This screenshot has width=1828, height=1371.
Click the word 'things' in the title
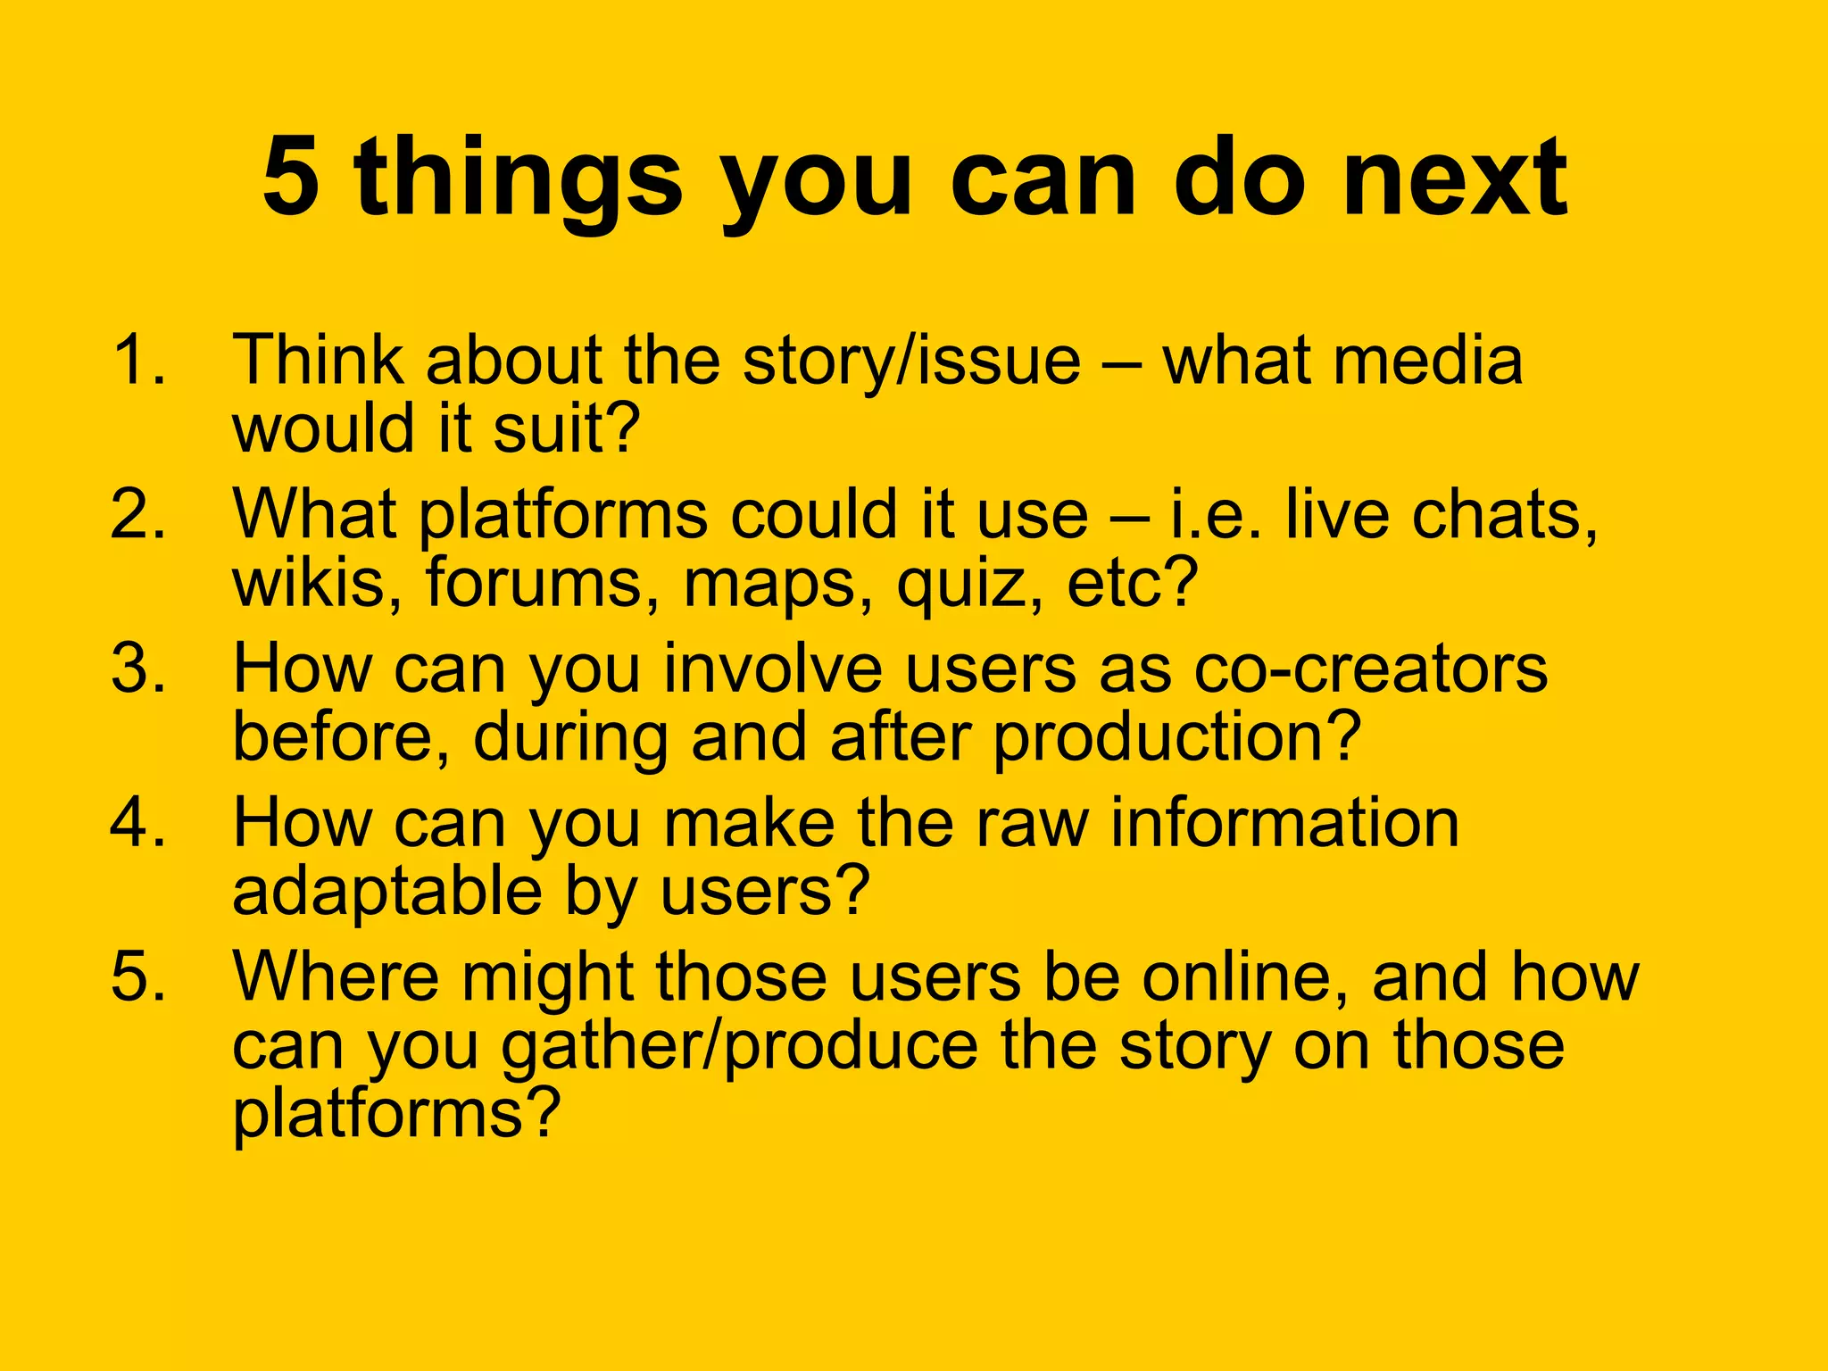coord(518,179)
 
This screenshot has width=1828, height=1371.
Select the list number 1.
coord(138,360)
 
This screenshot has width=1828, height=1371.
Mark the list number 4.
coord(138,822)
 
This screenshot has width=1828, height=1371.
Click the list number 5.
coord(138,976)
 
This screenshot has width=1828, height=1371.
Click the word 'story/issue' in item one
coord(911,361)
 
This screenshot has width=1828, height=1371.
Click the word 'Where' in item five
coord(336,976)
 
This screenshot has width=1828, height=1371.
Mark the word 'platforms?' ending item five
coord(396,1114)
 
